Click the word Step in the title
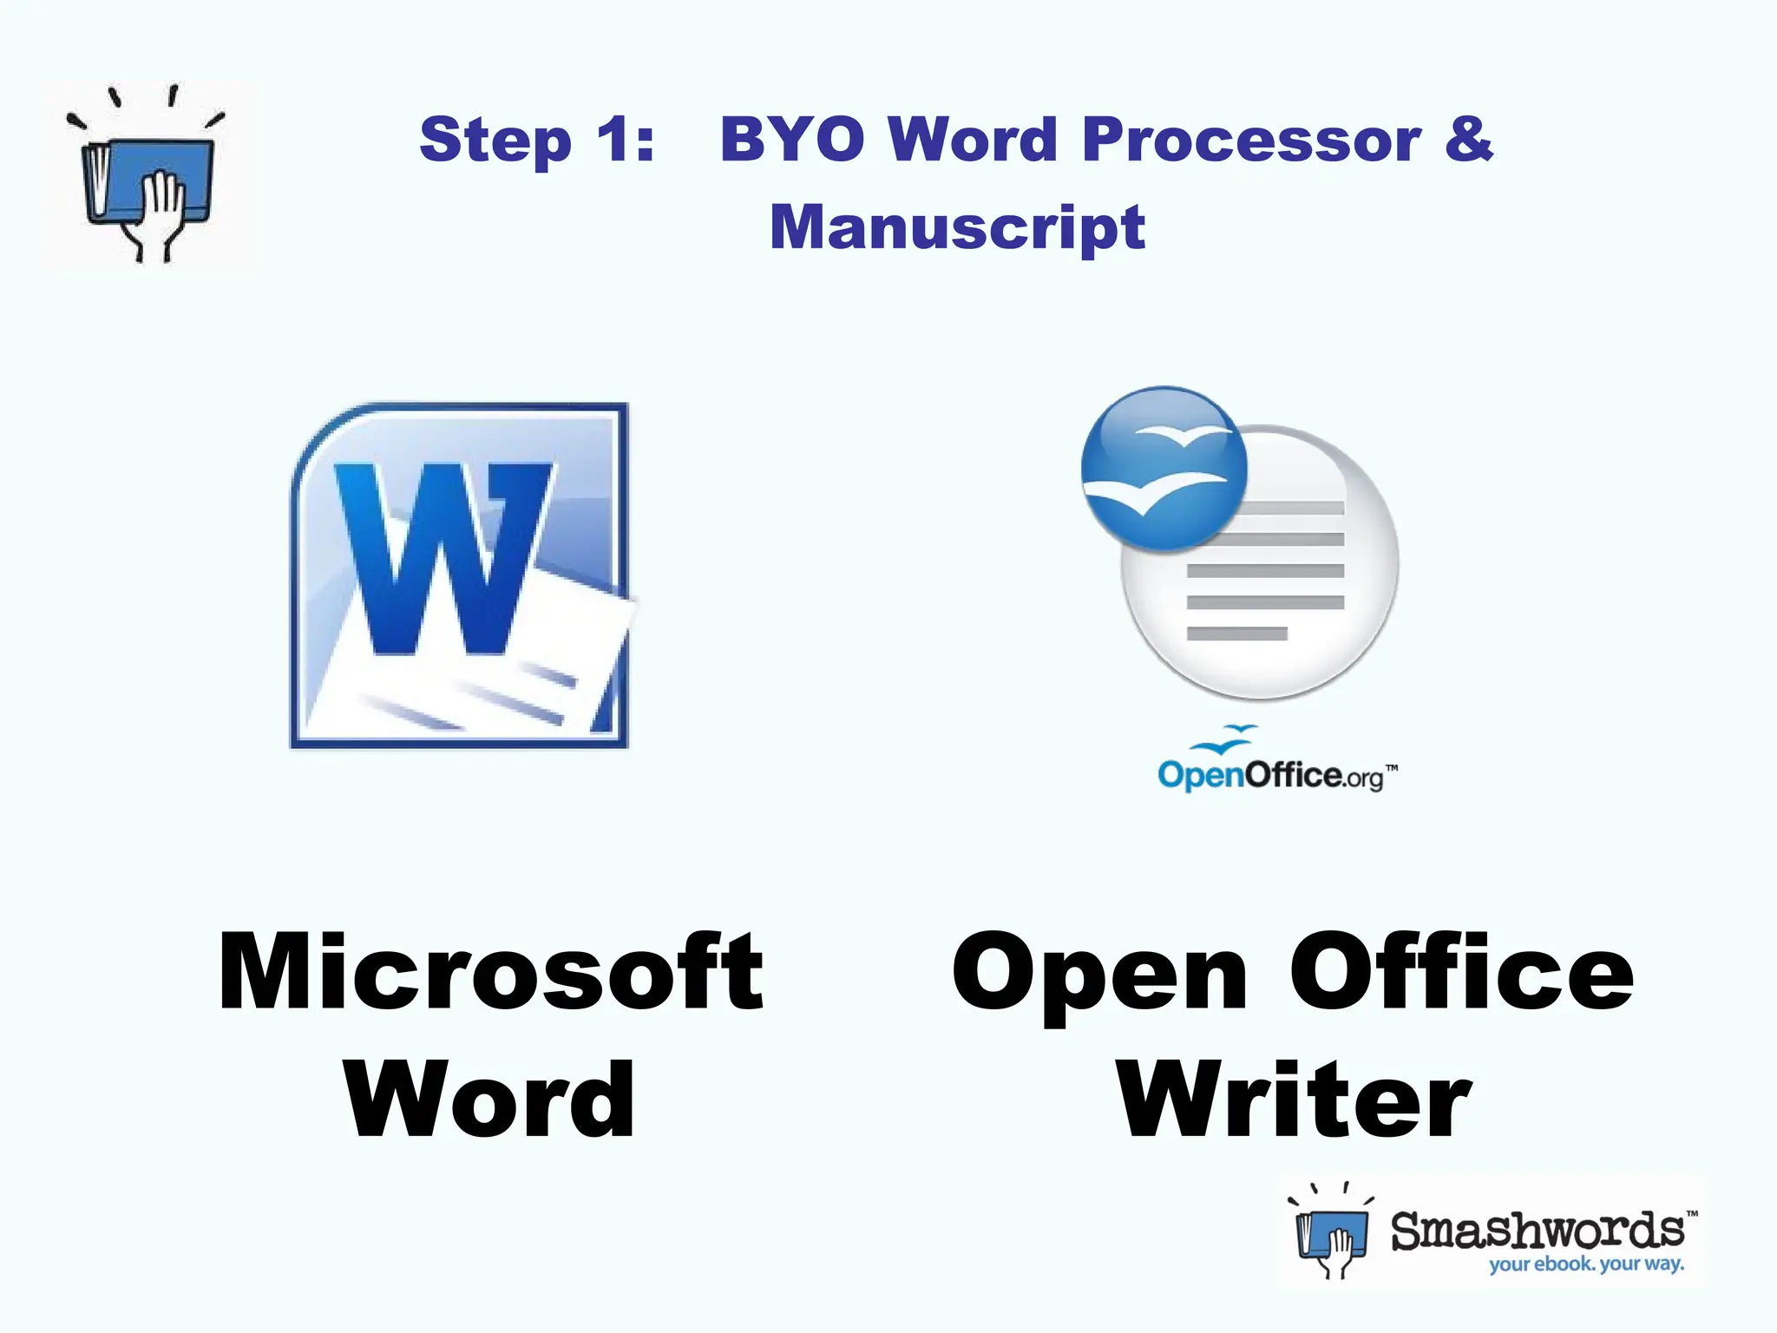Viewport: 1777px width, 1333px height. click(495, 140)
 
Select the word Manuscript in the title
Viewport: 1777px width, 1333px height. click(957, 227)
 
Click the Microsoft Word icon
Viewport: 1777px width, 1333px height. click(460, 575)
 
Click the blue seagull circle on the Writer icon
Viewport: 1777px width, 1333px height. click(1164, 469)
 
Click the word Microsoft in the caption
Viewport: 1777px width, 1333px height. click(491, 971)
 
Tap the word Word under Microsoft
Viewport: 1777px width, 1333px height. click(490, 1100)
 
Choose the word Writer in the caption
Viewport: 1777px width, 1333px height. click(1294, 1100)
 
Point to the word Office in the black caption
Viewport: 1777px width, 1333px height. click(1461, 971)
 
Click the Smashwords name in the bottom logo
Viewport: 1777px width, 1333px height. click(1538, 1231)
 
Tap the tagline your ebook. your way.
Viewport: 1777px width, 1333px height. click(1586, 1264)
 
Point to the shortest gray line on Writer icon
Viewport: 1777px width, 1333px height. click(1236, 634)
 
